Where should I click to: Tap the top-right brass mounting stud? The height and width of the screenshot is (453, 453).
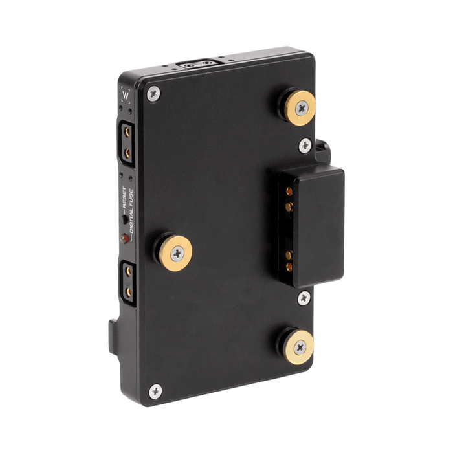pos(300,107)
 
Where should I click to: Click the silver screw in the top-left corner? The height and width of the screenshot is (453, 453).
pos(153,94)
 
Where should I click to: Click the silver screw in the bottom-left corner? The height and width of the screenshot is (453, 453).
pos(155,390)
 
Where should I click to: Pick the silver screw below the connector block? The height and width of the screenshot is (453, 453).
pos(304,298)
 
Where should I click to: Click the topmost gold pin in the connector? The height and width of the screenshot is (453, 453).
pos(285,190)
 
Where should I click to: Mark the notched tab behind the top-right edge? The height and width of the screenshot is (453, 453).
pos(323,148)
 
